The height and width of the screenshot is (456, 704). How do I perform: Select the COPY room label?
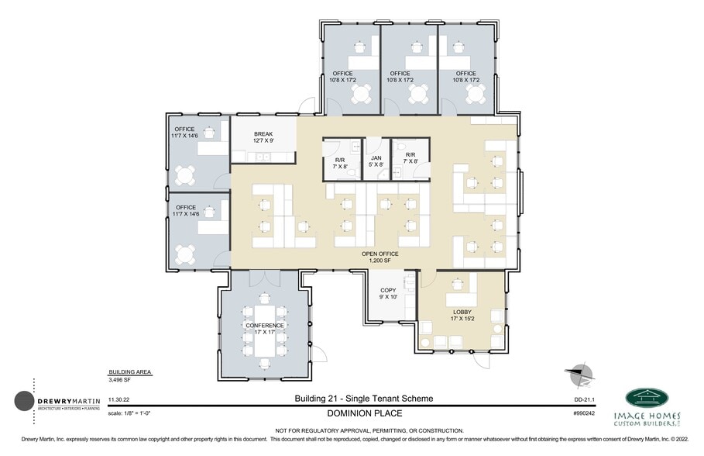[x=388, y=293]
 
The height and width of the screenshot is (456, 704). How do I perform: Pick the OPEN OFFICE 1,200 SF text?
[x=379, y=257]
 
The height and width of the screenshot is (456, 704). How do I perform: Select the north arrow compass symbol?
[x=581, y=374]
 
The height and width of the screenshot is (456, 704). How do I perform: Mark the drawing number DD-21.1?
[x=583, y=399]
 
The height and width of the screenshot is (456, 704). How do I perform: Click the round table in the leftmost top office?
[x=362, y=94]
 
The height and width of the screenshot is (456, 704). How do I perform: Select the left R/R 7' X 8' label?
[x=338, y=160]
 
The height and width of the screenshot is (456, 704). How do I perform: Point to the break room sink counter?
[x=263, y=157]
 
